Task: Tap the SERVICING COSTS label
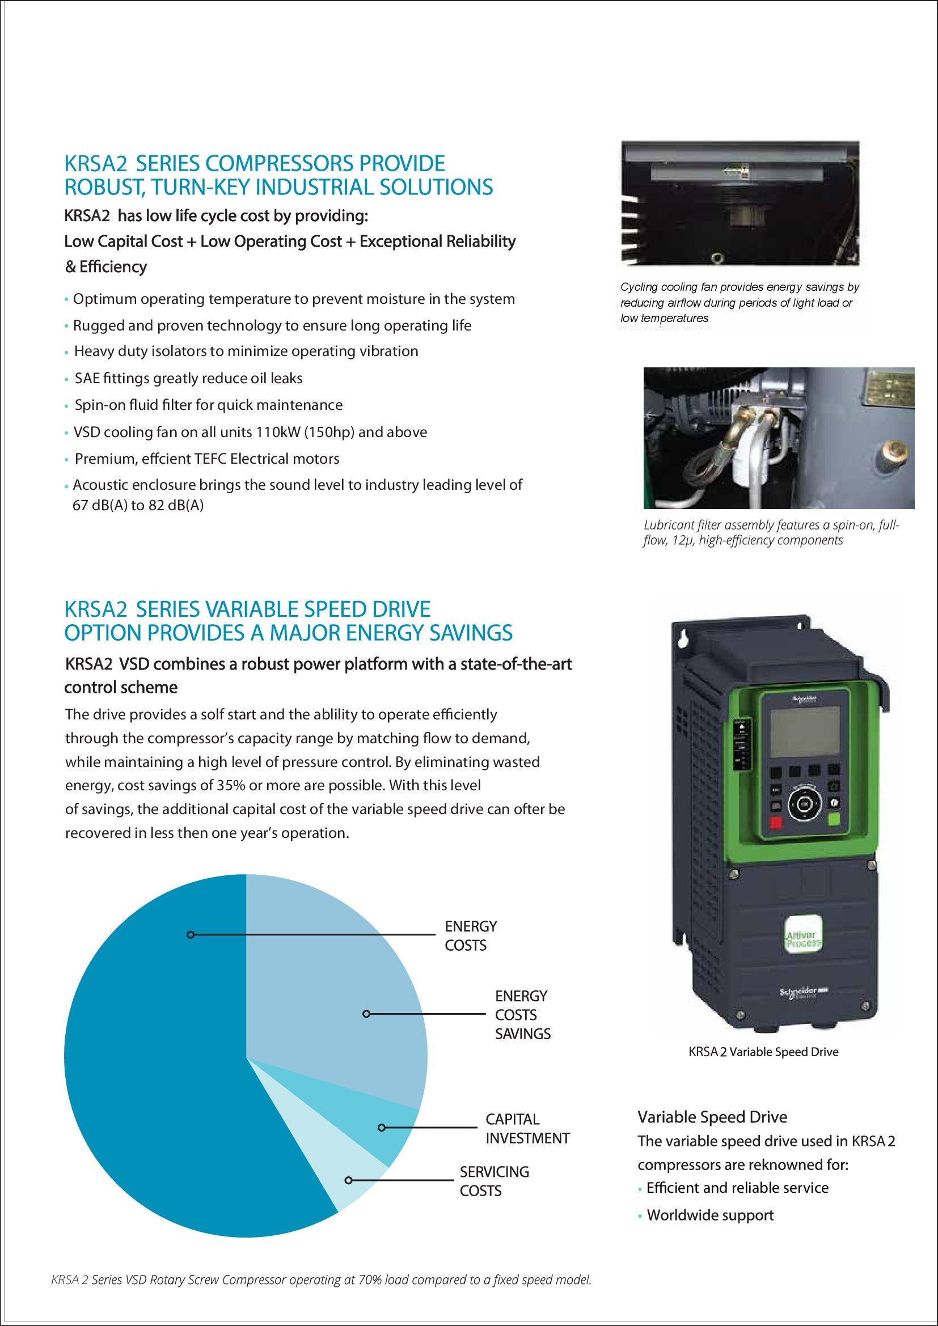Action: [494, 1181]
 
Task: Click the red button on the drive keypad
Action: [775, 823]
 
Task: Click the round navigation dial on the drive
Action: [804, 803]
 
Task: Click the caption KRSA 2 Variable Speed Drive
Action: [763, 1052]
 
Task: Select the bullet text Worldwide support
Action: [710, 1215]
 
